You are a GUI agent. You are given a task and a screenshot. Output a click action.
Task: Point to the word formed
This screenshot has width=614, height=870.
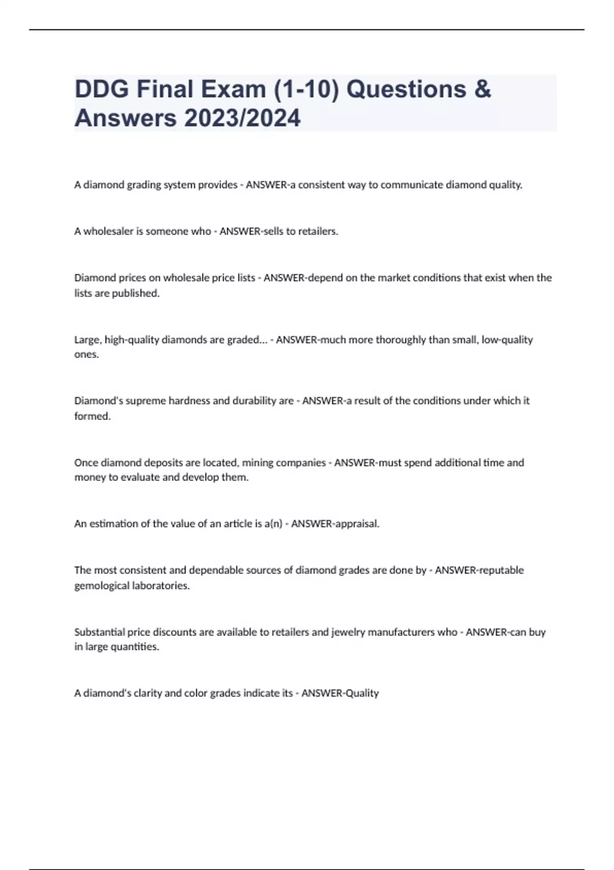tap(93, 416)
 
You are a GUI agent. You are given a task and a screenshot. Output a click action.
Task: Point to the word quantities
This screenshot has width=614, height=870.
tap(137, 647)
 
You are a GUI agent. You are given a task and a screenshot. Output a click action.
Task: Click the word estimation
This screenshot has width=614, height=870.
tap(112, 524)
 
